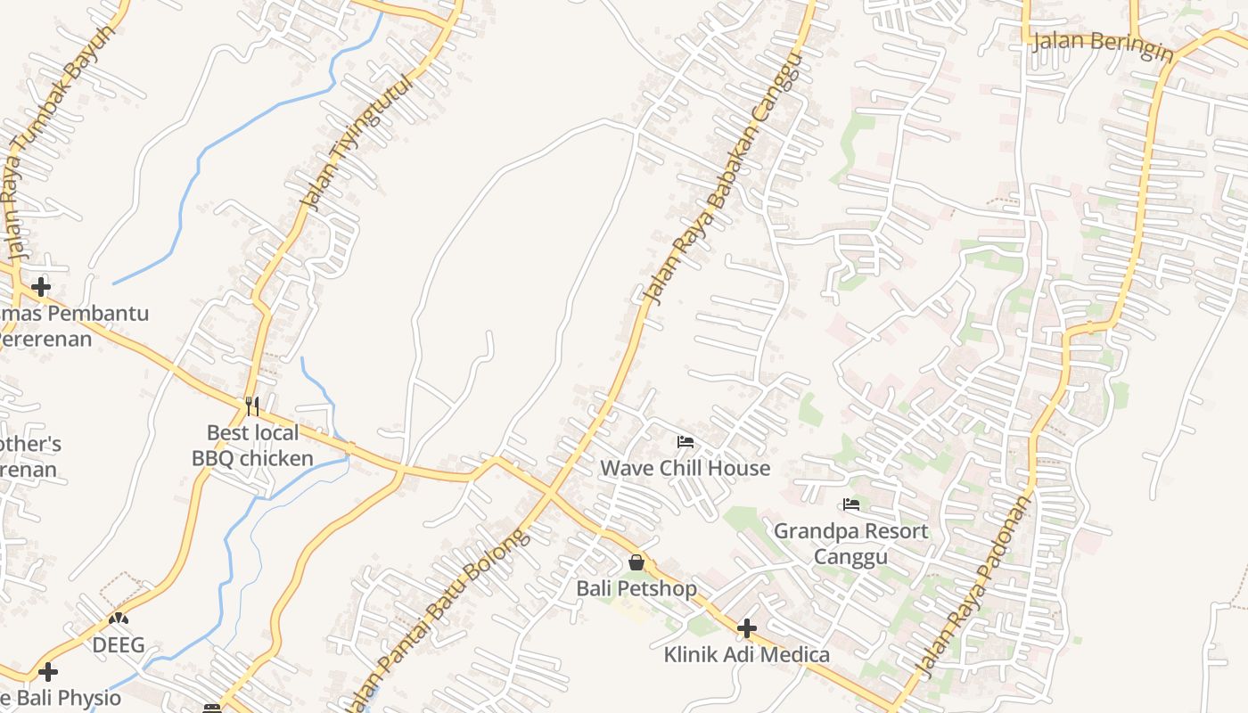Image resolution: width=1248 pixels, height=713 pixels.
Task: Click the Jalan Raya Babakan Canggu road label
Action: [723, 178]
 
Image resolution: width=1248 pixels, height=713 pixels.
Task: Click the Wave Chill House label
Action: [685, 468]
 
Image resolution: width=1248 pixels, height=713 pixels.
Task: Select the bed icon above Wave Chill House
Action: [685, 442]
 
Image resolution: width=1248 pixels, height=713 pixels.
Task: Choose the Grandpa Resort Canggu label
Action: [850, 544]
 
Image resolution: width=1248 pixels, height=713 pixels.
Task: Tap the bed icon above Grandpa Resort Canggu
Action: [851, 505]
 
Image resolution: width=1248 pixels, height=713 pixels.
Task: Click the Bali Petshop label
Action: [636, 588]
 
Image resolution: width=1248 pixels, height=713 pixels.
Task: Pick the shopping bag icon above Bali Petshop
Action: [636, 562]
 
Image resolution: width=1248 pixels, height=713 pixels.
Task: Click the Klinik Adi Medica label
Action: [746, 655]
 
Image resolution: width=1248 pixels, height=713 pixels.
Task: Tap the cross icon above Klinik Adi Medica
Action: [746, 629]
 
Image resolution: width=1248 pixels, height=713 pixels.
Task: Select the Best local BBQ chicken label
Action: [253, 446]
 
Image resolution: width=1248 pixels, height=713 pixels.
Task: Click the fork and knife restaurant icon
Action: [252, 406]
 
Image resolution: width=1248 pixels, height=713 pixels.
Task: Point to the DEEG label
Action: [119, 645]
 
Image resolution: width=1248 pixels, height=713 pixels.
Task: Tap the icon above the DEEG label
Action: [119, 617]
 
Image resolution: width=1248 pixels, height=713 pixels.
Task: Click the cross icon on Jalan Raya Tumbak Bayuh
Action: [40, 287]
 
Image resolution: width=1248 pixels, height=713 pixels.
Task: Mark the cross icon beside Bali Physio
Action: [48, 671]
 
